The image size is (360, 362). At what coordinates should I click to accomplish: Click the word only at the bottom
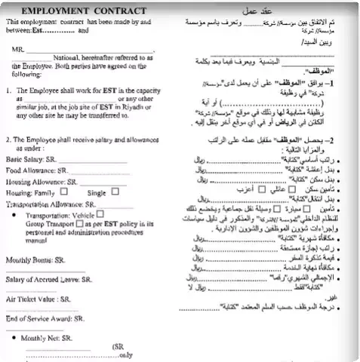click(x=125, y=354)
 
